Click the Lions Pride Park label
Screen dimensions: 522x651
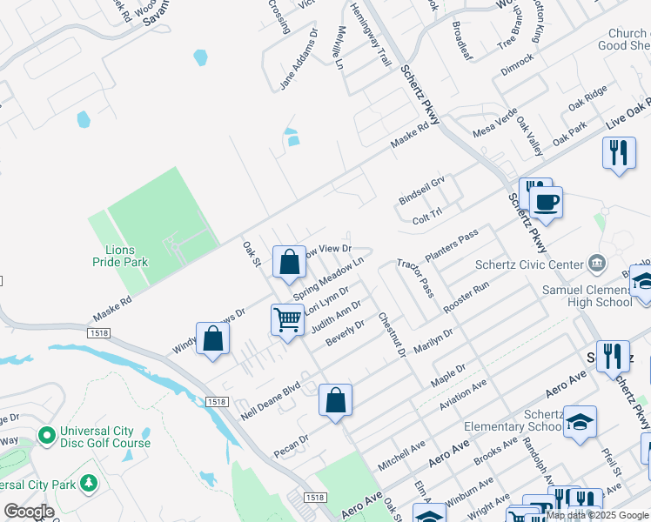[121, 255]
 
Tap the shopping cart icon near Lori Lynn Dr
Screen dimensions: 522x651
[287, 319]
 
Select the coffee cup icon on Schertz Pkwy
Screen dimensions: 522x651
[546, 203]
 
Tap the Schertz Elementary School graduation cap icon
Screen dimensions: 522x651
[580, 421]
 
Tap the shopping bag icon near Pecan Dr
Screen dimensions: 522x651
[335, 400]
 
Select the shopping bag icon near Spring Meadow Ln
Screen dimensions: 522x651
[289, 262]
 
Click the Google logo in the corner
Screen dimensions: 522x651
[28, 512]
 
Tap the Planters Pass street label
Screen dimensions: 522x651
[452, 247]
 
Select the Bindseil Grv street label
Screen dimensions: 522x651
[421, 188]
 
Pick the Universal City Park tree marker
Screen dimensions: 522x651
[88, 482]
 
